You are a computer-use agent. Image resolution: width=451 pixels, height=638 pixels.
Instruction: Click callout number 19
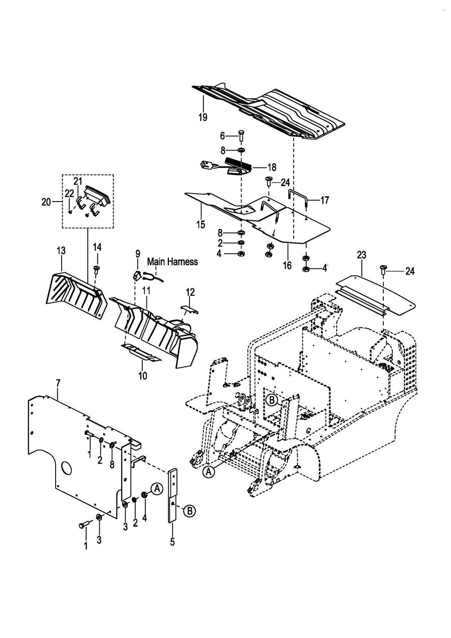203,117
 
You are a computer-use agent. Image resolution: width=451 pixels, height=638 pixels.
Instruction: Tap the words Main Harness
172,262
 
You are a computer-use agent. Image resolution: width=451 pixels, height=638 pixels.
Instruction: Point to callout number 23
362,255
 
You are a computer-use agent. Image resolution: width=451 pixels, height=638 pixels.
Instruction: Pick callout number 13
61,251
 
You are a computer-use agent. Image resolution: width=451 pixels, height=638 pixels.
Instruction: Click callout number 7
58,383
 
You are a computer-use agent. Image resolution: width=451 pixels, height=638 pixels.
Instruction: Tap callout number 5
172,541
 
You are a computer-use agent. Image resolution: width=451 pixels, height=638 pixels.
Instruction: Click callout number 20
46,202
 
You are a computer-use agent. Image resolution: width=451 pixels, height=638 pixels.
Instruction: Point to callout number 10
143,376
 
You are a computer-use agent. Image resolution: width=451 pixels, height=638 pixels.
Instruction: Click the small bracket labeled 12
190,309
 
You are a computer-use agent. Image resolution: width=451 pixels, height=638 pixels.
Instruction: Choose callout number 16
288,265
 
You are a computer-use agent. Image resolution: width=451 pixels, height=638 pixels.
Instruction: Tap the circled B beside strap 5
189,512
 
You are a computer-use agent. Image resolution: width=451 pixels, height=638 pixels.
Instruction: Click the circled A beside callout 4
156,489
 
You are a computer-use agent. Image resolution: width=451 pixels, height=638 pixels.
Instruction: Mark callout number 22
69,193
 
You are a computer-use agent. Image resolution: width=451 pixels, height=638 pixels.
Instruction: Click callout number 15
200,224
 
